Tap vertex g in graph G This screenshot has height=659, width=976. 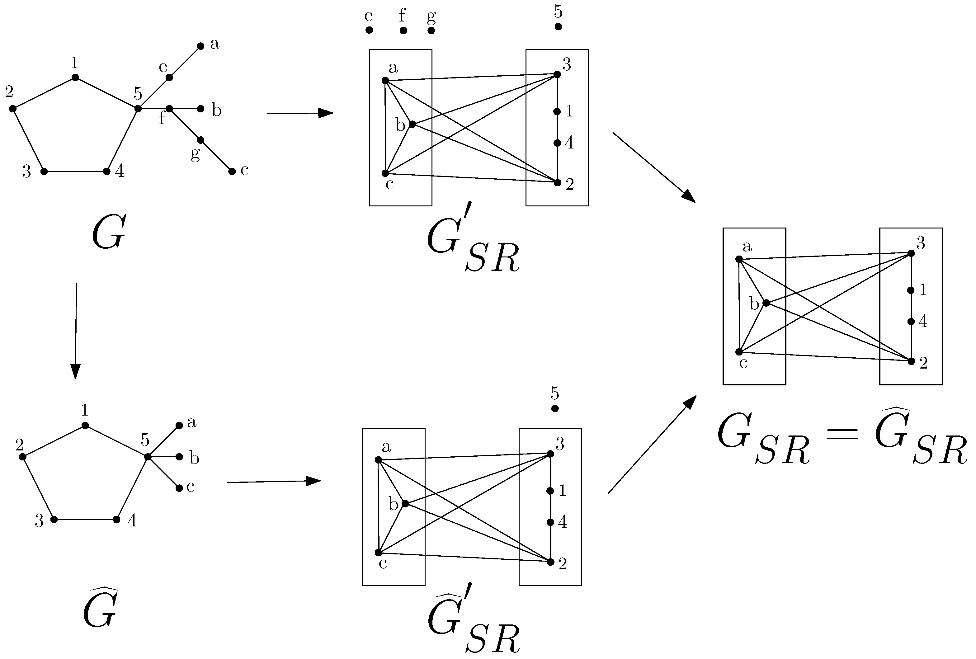pos(201,140)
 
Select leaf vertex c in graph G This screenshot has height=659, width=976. pos(232,172)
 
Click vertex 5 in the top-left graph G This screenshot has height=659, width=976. pos(138,109)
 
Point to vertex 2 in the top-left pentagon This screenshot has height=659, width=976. pos(12,109)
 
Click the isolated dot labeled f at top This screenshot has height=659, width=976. pos(403,30)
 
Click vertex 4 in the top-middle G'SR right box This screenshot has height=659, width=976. pos(557,143)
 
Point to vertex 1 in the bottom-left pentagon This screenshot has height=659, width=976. pos(85,426)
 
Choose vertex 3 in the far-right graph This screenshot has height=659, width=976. pos(911,254)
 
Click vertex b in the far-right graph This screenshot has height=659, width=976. pos(766,303)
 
